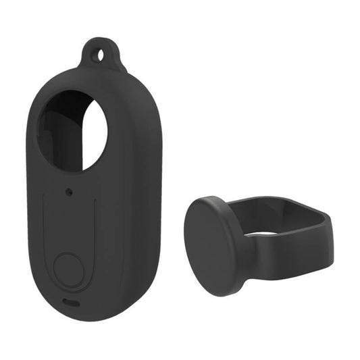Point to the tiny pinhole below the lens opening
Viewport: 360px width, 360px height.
(x=71, y=192)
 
